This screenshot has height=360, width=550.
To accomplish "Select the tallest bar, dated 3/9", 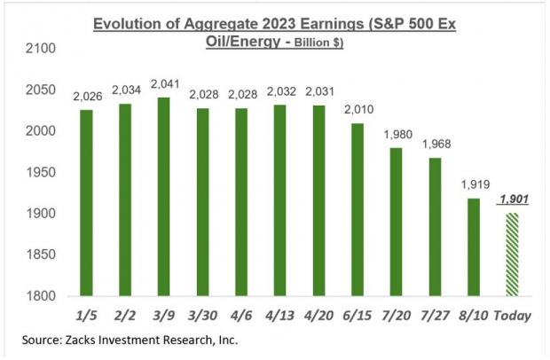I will (x=163, y=196).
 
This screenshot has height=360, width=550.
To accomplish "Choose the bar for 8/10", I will (x=473, y=247).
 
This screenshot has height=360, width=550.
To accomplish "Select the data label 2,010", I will (x=357, y=111).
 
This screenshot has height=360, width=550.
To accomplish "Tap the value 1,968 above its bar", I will (x=435, y=145).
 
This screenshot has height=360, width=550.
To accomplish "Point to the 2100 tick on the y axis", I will (x=38, y=48).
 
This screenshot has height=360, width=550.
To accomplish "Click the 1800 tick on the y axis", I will (x=38, y=296).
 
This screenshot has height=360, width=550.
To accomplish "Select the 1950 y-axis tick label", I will (x=38, y=172).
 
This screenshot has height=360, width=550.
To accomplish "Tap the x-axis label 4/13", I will (x=279, y=314).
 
